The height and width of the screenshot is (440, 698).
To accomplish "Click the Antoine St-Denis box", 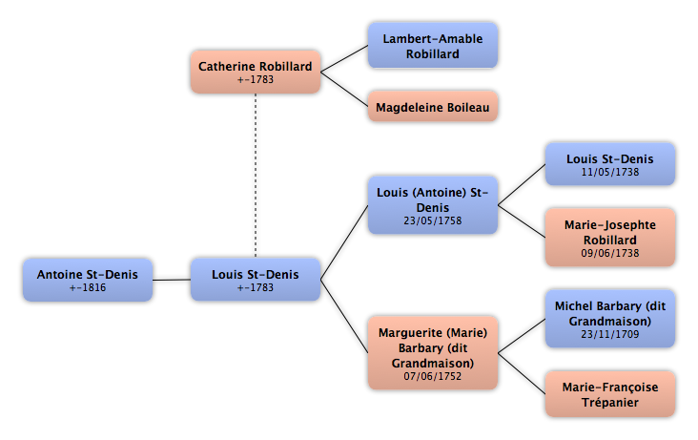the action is coord(88,280).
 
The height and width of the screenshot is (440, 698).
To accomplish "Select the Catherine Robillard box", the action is coord(256,72).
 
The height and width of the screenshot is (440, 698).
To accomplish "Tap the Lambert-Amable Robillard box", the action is coord(433,46).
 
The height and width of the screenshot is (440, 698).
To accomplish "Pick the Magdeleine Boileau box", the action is coord(433,107).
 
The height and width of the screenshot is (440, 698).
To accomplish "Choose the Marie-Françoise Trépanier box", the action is coord(610,394).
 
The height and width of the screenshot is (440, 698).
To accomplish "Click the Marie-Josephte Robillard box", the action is coord(610,238).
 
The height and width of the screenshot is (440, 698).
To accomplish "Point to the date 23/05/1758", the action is coord(433,220).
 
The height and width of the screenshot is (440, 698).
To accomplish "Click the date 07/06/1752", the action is coord(433,376).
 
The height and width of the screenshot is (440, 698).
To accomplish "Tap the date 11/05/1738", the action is coord(610,172).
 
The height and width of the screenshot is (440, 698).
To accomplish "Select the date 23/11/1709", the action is coord(610,334).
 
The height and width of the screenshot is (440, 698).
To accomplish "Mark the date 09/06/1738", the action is coord(610,253).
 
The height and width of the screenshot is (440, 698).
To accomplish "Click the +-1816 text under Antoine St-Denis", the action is coord(88,287).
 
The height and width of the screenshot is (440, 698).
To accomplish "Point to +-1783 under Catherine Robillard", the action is coord(256,79).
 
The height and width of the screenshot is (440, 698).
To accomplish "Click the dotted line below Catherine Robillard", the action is coord(256,176).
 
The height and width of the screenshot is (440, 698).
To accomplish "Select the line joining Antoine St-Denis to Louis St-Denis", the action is coord(172,280).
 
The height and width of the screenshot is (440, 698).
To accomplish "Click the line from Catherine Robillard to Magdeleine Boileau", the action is coord(344,90).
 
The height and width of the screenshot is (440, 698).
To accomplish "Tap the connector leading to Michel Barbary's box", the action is coord(522,336).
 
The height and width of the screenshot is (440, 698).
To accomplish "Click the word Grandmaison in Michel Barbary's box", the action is coord(610,322).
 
